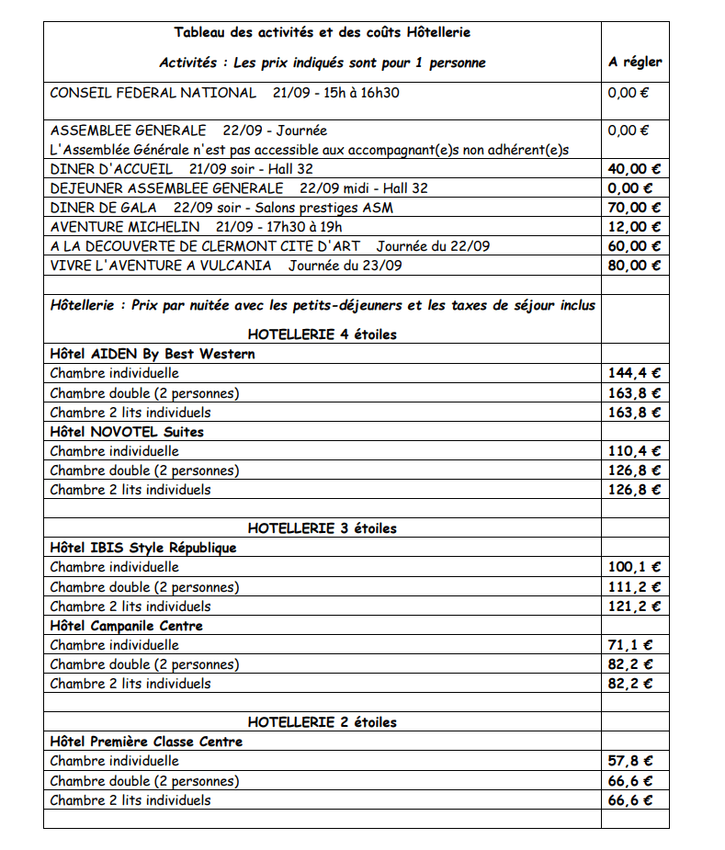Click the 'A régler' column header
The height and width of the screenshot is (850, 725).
[x=635, y=62]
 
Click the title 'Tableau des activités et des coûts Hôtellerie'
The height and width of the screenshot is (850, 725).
[x=322, y=32]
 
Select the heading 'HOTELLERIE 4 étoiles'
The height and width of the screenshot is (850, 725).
[x=322, y=334]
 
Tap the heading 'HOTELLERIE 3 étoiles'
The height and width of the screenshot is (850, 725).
[x=322, y=528]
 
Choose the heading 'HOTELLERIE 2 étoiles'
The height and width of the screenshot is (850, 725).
[x=322, y=722]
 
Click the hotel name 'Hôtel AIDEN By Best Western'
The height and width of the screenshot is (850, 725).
[x=153, y=354]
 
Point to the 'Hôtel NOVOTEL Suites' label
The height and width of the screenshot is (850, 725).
[x=127, y=432]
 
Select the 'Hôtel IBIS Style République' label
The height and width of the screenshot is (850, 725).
[x=142, y=548]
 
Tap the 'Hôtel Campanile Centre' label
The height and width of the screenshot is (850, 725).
[x=126, y=626]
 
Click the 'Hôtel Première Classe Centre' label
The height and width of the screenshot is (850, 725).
[x=146, y=742]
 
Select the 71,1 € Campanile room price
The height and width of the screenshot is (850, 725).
[x=630, y=645]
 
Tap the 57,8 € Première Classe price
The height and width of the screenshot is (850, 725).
[x=630, y=761]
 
